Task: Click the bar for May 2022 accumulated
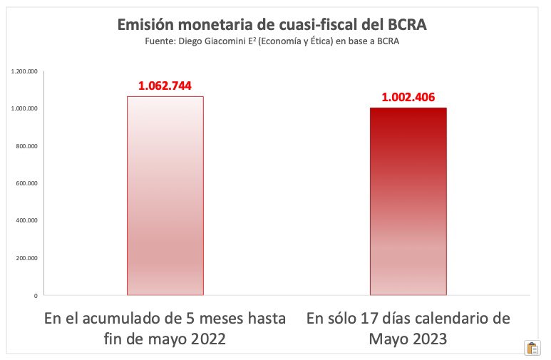(x=165, y=195)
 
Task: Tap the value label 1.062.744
(x=165, y=86)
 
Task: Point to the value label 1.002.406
(x=407, y=98)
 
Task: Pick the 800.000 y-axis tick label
(x=26, y=146)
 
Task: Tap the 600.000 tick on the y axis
(x=26, y=183)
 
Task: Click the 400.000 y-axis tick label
(x=26, y=220)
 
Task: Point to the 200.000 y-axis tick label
(x=26, y=258)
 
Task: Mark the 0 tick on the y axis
(x=35, y=295)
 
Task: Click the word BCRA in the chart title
(x=406, y=26)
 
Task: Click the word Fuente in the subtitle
(x=160, y=42)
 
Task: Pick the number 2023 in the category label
(x=427, y=339)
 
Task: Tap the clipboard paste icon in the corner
(x=532, y=348)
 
